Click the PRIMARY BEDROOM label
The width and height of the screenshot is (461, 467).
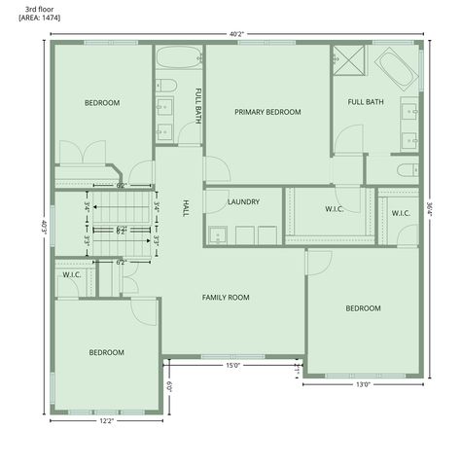pyautogui.click(x=267, y=112)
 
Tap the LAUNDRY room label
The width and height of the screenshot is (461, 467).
pyautogui.click(x=242, y=202)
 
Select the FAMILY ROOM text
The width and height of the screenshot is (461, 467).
pyautogui.click(x=226, y=297)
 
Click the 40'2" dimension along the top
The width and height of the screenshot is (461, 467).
pyautogui.click(x=236, y=34)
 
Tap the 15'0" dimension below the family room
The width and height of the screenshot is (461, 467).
pyautogui.click(x=232, y=366)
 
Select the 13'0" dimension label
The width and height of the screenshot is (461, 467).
pyautogui.click(x=363, y=384)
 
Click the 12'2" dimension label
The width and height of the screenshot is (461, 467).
pyautogui.click(x=106, y=420)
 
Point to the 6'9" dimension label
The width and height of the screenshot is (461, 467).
pyautogui.click(x=169, y=385)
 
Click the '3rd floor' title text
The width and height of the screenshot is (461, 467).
pyautogui.click(x=38, y=8)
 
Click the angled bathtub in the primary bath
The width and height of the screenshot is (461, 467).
pyautogui.click(x=393, y=67)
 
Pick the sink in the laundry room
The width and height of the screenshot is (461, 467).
pyautogui.click(x=217, y=234)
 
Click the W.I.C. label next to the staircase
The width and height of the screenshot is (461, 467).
pyautogui.click(x=71, y=274)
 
